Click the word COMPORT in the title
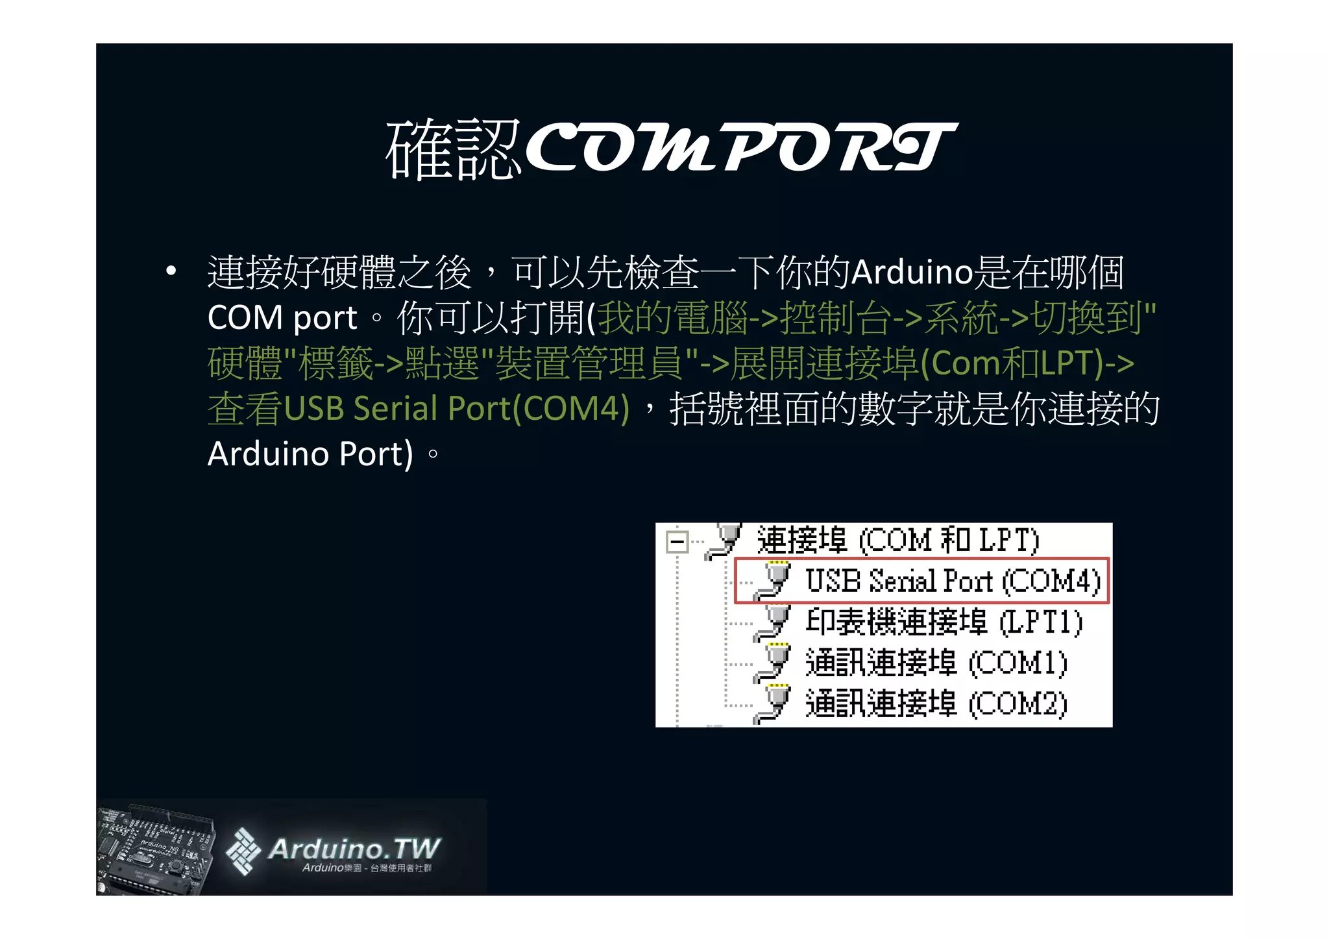[x=740, y=148]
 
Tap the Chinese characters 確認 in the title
[x=452, y=150]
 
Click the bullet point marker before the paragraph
[x=171, y=271]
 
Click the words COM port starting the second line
[x=282, y=318]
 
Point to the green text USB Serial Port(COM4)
[x=457, y=409]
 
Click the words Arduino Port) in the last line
[x=310, y=454]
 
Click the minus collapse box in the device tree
[x=677, y=542]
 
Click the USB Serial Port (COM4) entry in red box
[x=952, y=581]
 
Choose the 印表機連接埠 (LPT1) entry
[x=944, y=622]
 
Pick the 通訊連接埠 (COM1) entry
[x=936, y=663]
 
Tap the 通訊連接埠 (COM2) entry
[x=936, y=704]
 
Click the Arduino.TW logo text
[x=354, y=849]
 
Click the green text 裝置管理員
[x=589, y=363]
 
